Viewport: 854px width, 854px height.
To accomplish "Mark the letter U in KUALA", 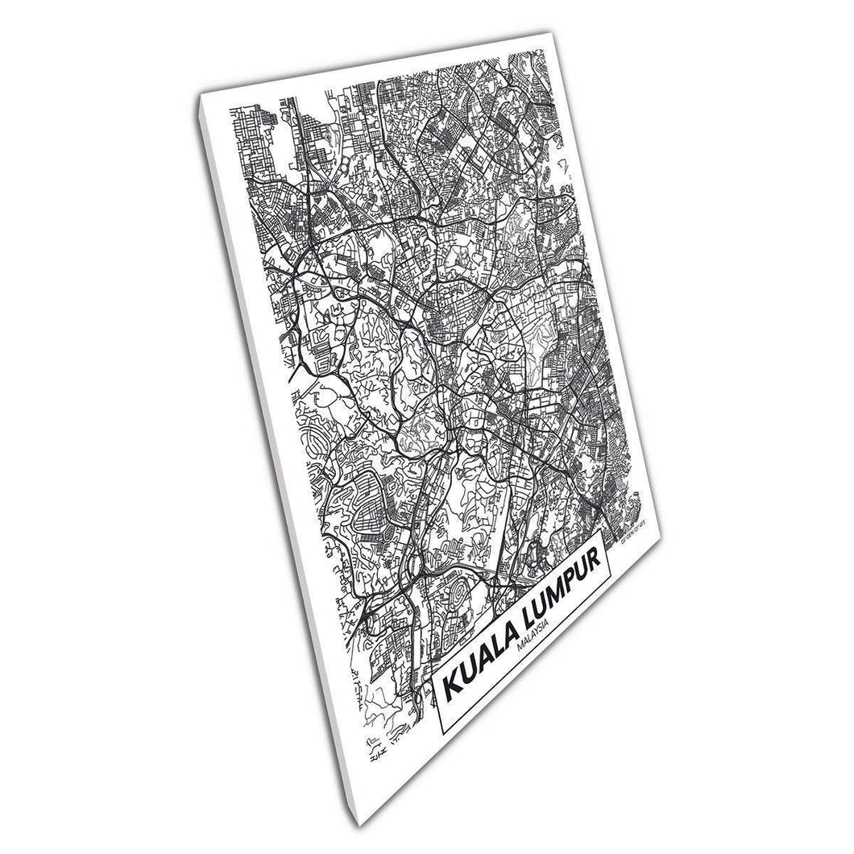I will click(466, 675).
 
